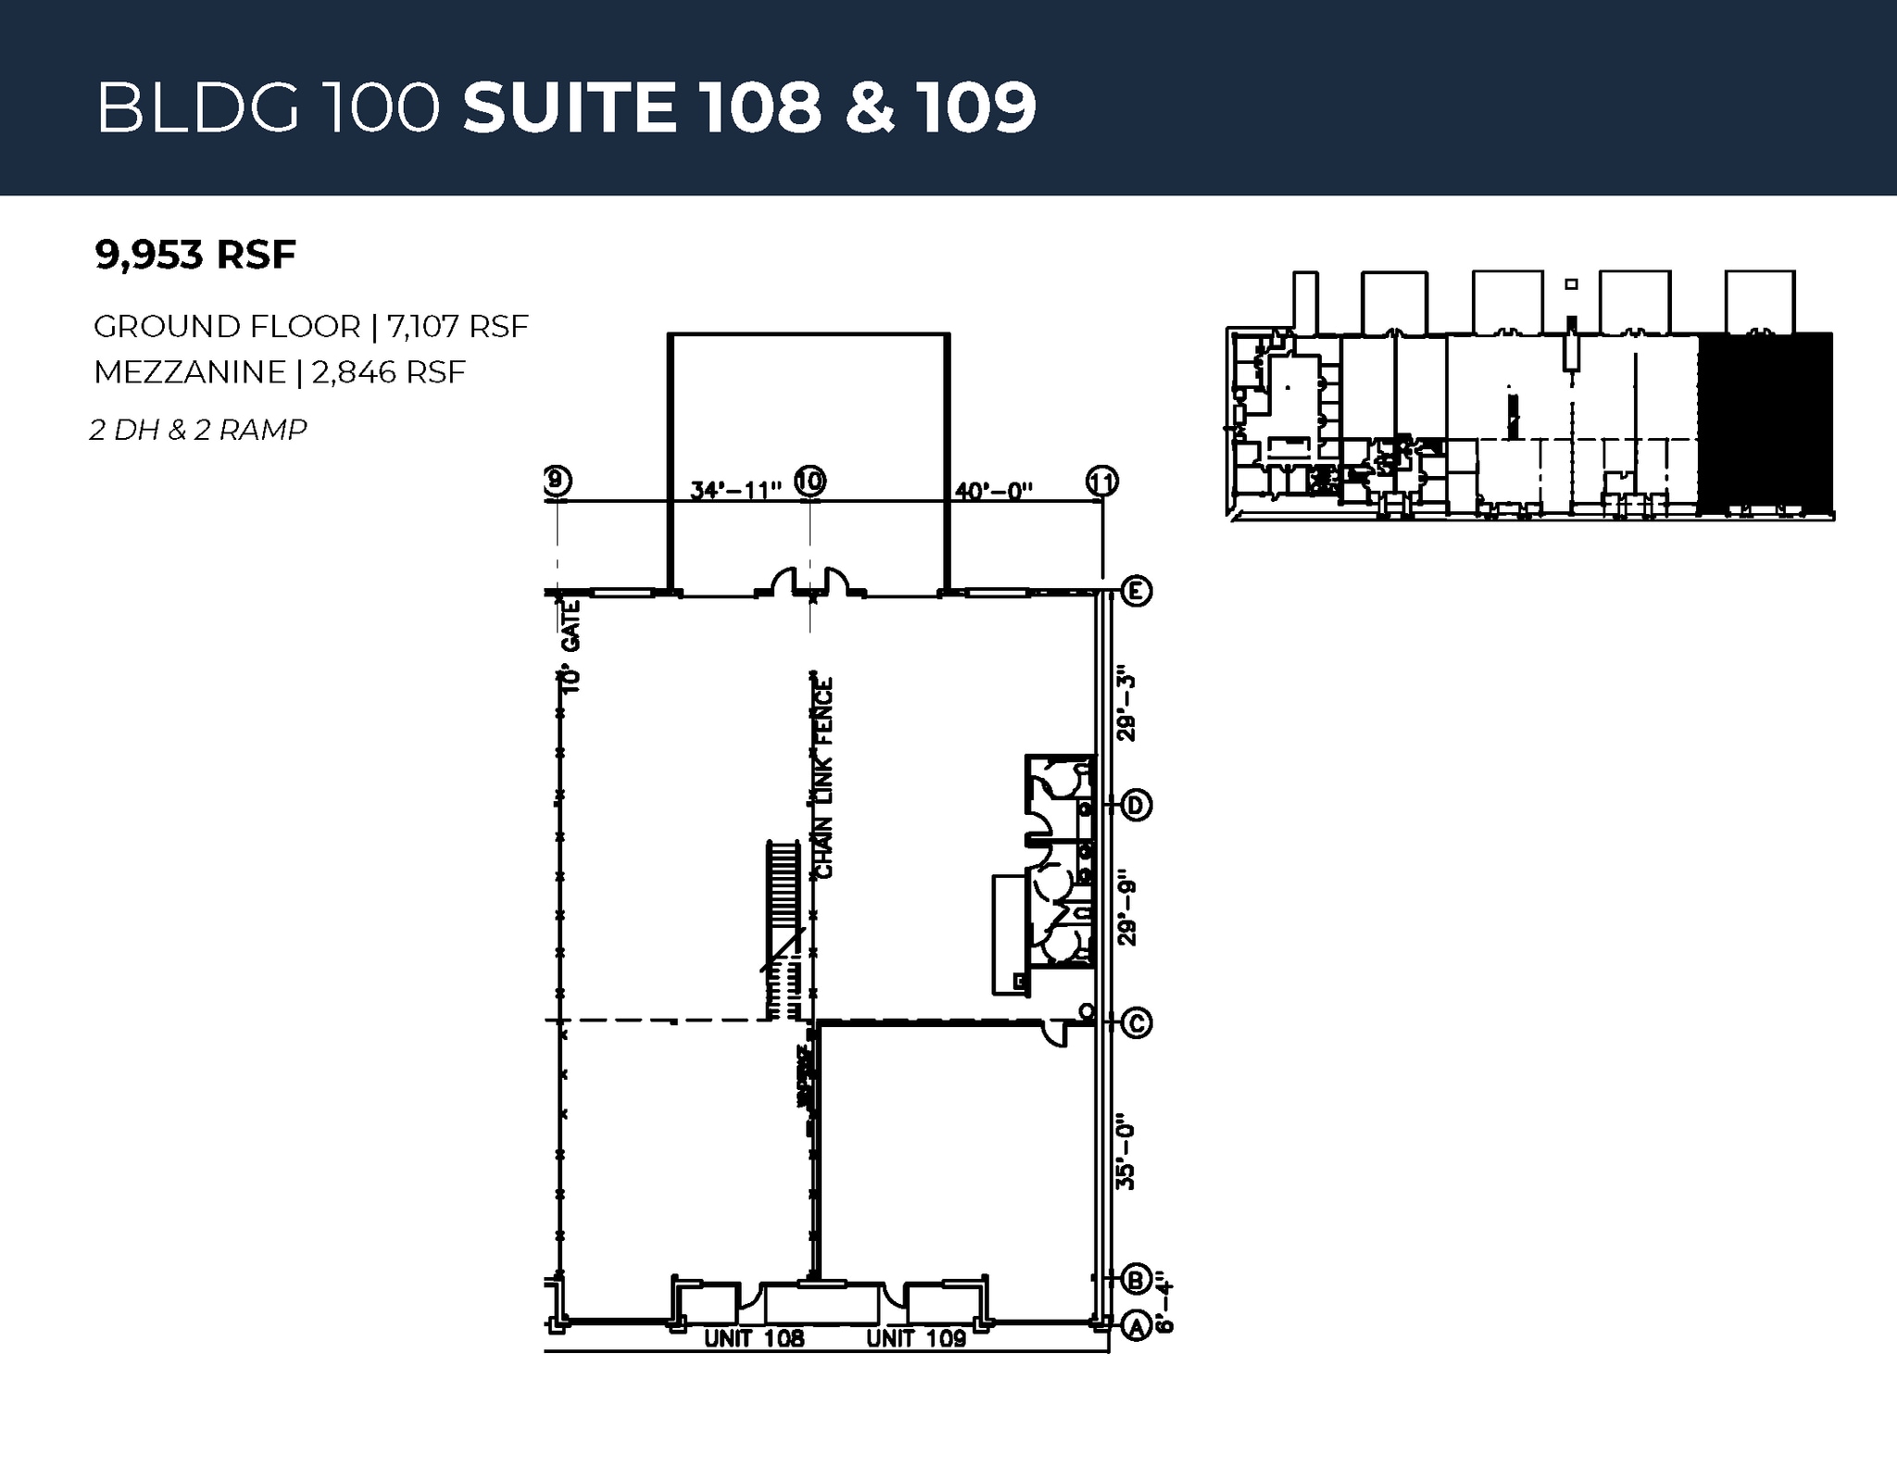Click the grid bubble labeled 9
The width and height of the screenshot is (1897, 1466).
[557, 481]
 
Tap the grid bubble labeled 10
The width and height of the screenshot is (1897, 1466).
[810, 481]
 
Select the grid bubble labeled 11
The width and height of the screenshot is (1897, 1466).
[1101, 482]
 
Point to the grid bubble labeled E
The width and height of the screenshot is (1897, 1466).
[1137, 591]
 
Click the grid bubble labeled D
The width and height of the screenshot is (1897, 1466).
[1137, 806]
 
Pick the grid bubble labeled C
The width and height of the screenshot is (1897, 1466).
[1137, 1022]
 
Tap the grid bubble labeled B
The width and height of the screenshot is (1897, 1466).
[1137, 1279]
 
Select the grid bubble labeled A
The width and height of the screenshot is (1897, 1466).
[1137, 1326]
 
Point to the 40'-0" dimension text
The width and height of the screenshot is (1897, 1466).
[993, 490]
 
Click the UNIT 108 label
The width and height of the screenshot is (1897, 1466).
[754, 1338]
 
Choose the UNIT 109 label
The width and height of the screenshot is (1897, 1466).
[916, 1338]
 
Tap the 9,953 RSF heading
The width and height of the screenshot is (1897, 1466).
[195, 254]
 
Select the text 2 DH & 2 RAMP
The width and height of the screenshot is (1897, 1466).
[198, 430]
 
